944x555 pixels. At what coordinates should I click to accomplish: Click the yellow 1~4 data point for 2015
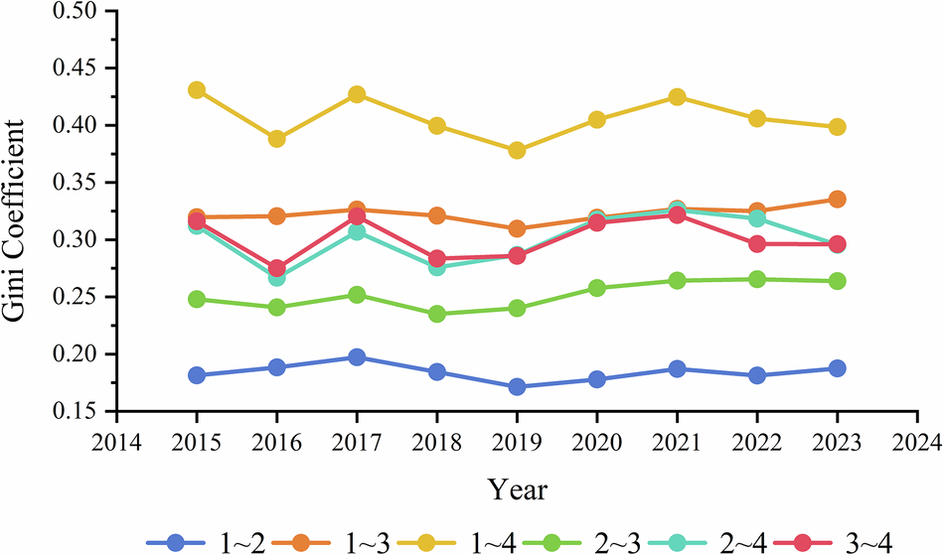197,90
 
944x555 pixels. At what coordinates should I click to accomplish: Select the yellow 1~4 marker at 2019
517,150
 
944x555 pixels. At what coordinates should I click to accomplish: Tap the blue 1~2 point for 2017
357,357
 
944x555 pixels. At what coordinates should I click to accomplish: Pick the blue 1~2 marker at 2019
517,386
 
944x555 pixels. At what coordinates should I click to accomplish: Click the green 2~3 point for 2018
436,314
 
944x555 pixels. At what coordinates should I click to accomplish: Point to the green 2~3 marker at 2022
757,279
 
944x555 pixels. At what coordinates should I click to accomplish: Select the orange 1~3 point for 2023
837,200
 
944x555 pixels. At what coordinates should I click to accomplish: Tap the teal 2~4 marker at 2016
276,277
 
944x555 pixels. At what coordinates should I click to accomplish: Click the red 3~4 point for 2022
757,244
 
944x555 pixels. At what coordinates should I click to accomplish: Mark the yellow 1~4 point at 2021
677,97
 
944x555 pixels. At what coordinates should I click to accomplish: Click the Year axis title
516,489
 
